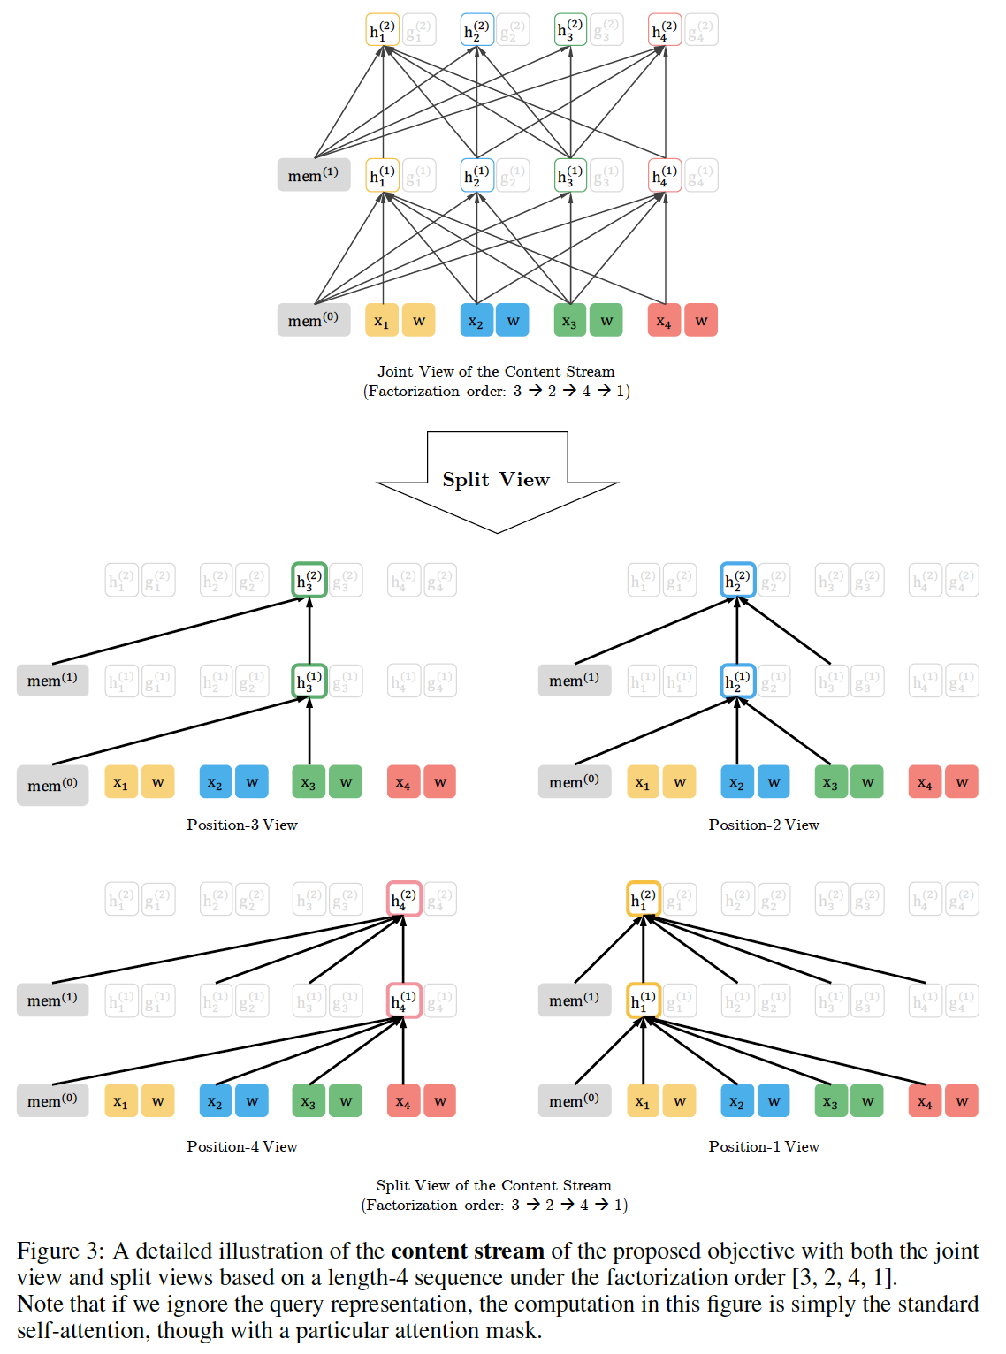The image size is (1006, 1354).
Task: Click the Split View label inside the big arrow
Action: tap(496, 479)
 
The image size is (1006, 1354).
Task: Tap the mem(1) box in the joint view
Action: tap(313, 175)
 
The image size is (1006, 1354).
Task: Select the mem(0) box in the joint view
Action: tap(313, 320)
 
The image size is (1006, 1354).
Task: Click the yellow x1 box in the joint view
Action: tap(382, 321)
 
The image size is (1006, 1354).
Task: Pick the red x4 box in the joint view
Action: tap(664, 321)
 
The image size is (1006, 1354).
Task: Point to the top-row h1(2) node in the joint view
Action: tap(382, 30)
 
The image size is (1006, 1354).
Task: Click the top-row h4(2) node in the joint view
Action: tap(664, 30)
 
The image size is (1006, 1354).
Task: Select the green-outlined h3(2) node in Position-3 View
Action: tap(309, 580)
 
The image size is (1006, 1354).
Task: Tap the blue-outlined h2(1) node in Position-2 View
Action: tap(737, 681)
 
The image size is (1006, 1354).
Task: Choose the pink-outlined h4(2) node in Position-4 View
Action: tap(404, 899)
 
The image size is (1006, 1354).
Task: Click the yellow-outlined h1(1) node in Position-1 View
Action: tap(644, 1000)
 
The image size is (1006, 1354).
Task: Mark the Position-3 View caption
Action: tap(242, 825)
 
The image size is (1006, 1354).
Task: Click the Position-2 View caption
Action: tap(764, 825)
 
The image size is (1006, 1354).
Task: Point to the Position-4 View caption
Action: tap(242, 1146)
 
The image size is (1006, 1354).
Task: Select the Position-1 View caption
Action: tap(764, 1146)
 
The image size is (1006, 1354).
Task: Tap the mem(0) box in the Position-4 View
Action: tap(52, 1100)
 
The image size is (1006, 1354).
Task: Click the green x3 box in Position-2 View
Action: tap(830, 782)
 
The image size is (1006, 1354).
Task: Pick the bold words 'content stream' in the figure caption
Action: tap(468, 1251)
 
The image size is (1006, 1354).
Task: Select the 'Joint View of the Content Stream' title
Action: tap(496, 371)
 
